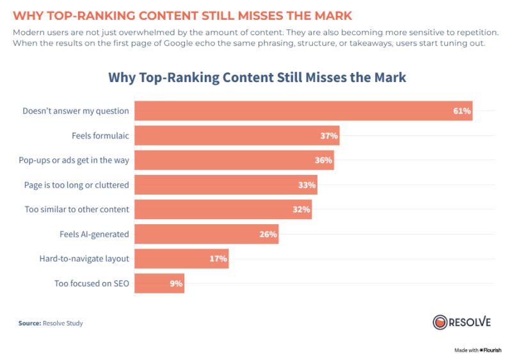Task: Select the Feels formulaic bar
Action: [236, 136]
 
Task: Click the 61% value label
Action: [462, 111]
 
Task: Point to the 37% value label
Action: [329, 136]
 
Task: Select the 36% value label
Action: [323, 160]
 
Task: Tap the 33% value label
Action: [307, 185]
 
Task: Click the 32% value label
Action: [301, 209]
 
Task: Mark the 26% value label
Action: [268, 234]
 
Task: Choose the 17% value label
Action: [218, 259]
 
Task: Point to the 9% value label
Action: [176, 283]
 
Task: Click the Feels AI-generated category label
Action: [94, 234]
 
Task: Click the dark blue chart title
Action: [257, 78]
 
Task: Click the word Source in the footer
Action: [29, 323]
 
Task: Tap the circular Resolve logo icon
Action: [440, 322]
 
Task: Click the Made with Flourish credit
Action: [477, 350]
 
